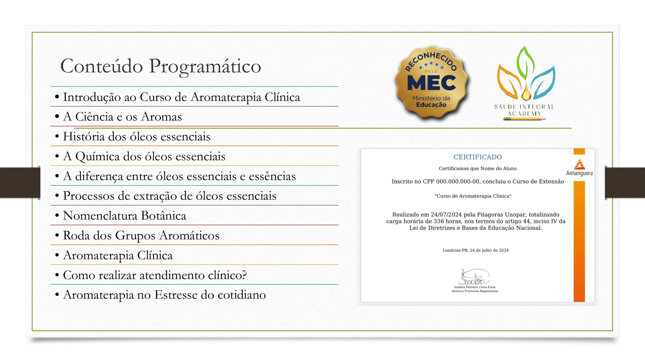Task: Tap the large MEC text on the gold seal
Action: (x=431, y=83)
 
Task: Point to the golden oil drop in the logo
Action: (x=526, y=94)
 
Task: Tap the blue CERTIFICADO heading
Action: (x=477, y=157)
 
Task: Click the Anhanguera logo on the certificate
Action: (x=579, y=168)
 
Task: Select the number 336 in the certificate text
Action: (x=439, y=221)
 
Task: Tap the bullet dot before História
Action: (x=57, y=136)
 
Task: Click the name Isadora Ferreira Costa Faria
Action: (x=474, y=287)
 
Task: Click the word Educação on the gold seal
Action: (x=431, y=105)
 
